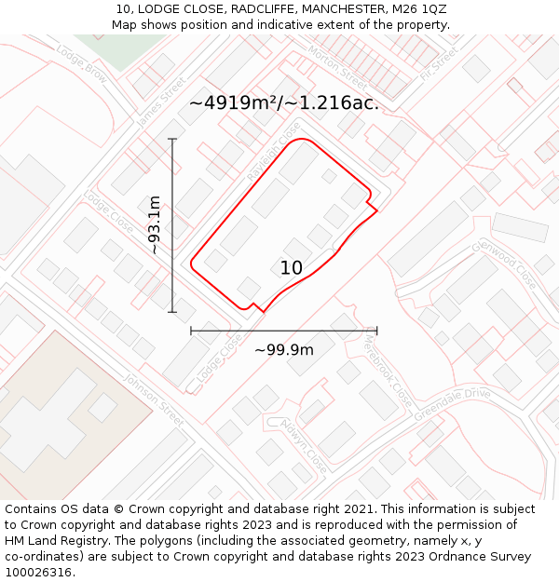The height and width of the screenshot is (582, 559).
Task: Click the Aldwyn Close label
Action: click(x=305, y=446)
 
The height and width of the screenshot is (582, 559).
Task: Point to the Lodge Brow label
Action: click(x=81, y=61)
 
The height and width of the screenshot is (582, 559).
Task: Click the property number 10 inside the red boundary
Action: click(x=292, y=268)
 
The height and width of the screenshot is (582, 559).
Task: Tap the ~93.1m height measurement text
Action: click(x=155, y=225)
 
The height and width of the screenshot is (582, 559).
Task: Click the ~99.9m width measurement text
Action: click(x=284, y=350)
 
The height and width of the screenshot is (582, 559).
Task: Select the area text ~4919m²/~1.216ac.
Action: click(x=284, y=103)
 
